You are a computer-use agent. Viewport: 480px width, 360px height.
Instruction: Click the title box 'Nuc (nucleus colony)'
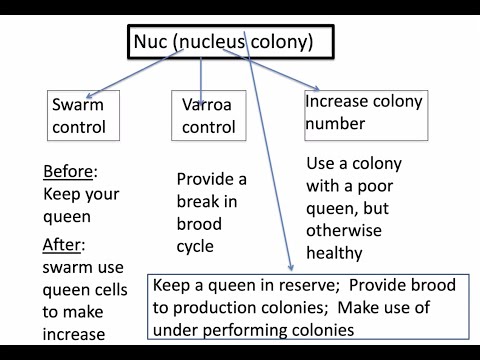click(x=229, y=41)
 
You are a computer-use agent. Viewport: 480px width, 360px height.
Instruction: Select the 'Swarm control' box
click(x=77, y=115)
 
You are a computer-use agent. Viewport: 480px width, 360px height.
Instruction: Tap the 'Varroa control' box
click(x=209, y=115)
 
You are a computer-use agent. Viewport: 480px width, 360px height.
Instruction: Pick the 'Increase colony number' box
click(x=364, y=113)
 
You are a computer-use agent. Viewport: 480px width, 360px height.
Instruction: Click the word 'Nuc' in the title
click(x=153, y=42)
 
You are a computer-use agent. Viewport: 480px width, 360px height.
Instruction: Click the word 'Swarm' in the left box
click(x=77, y=104)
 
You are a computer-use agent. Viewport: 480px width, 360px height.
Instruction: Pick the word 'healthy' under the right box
click(x=335, y=253)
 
